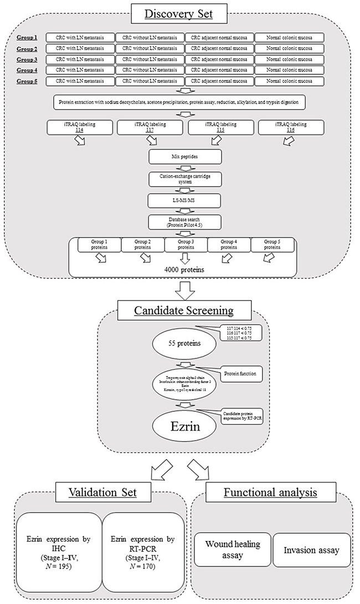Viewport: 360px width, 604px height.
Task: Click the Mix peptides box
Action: click(x=186, y=157)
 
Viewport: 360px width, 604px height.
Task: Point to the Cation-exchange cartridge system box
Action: click(x=186, y=179)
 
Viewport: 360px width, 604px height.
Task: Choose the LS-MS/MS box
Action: click(x=186, y=199)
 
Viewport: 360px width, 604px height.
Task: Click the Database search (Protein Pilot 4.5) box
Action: click(x=186, y=223)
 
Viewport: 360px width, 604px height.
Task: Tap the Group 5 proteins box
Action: click(x=271, y=245)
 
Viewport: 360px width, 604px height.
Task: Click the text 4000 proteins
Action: click(x=185, y=269)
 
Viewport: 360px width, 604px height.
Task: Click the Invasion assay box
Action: click(x=312, y=550)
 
